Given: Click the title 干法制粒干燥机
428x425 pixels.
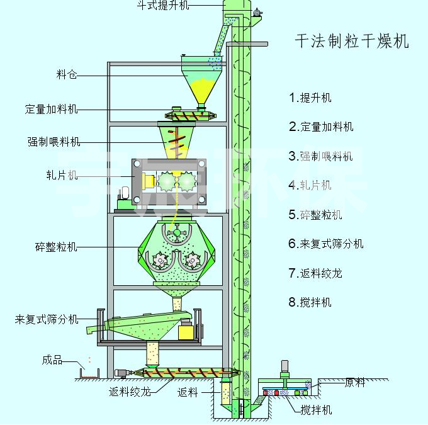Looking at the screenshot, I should click(352, 42).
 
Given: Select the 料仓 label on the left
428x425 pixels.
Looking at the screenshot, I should click(66, 76).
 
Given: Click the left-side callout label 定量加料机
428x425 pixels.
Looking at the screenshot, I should click(52, 110).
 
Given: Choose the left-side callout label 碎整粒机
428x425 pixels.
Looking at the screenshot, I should click(57, 247).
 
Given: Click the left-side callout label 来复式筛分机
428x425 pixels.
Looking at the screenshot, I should click(47, 320).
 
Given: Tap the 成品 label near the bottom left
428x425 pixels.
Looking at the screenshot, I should click(52, 360).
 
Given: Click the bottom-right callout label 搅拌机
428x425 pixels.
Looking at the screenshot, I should click(316, 411).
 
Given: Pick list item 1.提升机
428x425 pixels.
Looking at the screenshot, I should click(310, 98).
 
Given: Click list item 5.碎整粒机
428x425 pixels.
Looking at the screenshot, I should click(315, 215).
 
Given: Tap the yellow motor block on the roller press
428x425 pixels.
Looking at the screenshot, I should click(149, 181).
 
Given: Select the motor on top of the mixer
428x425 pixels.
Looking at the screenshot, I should click(284, 368).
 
